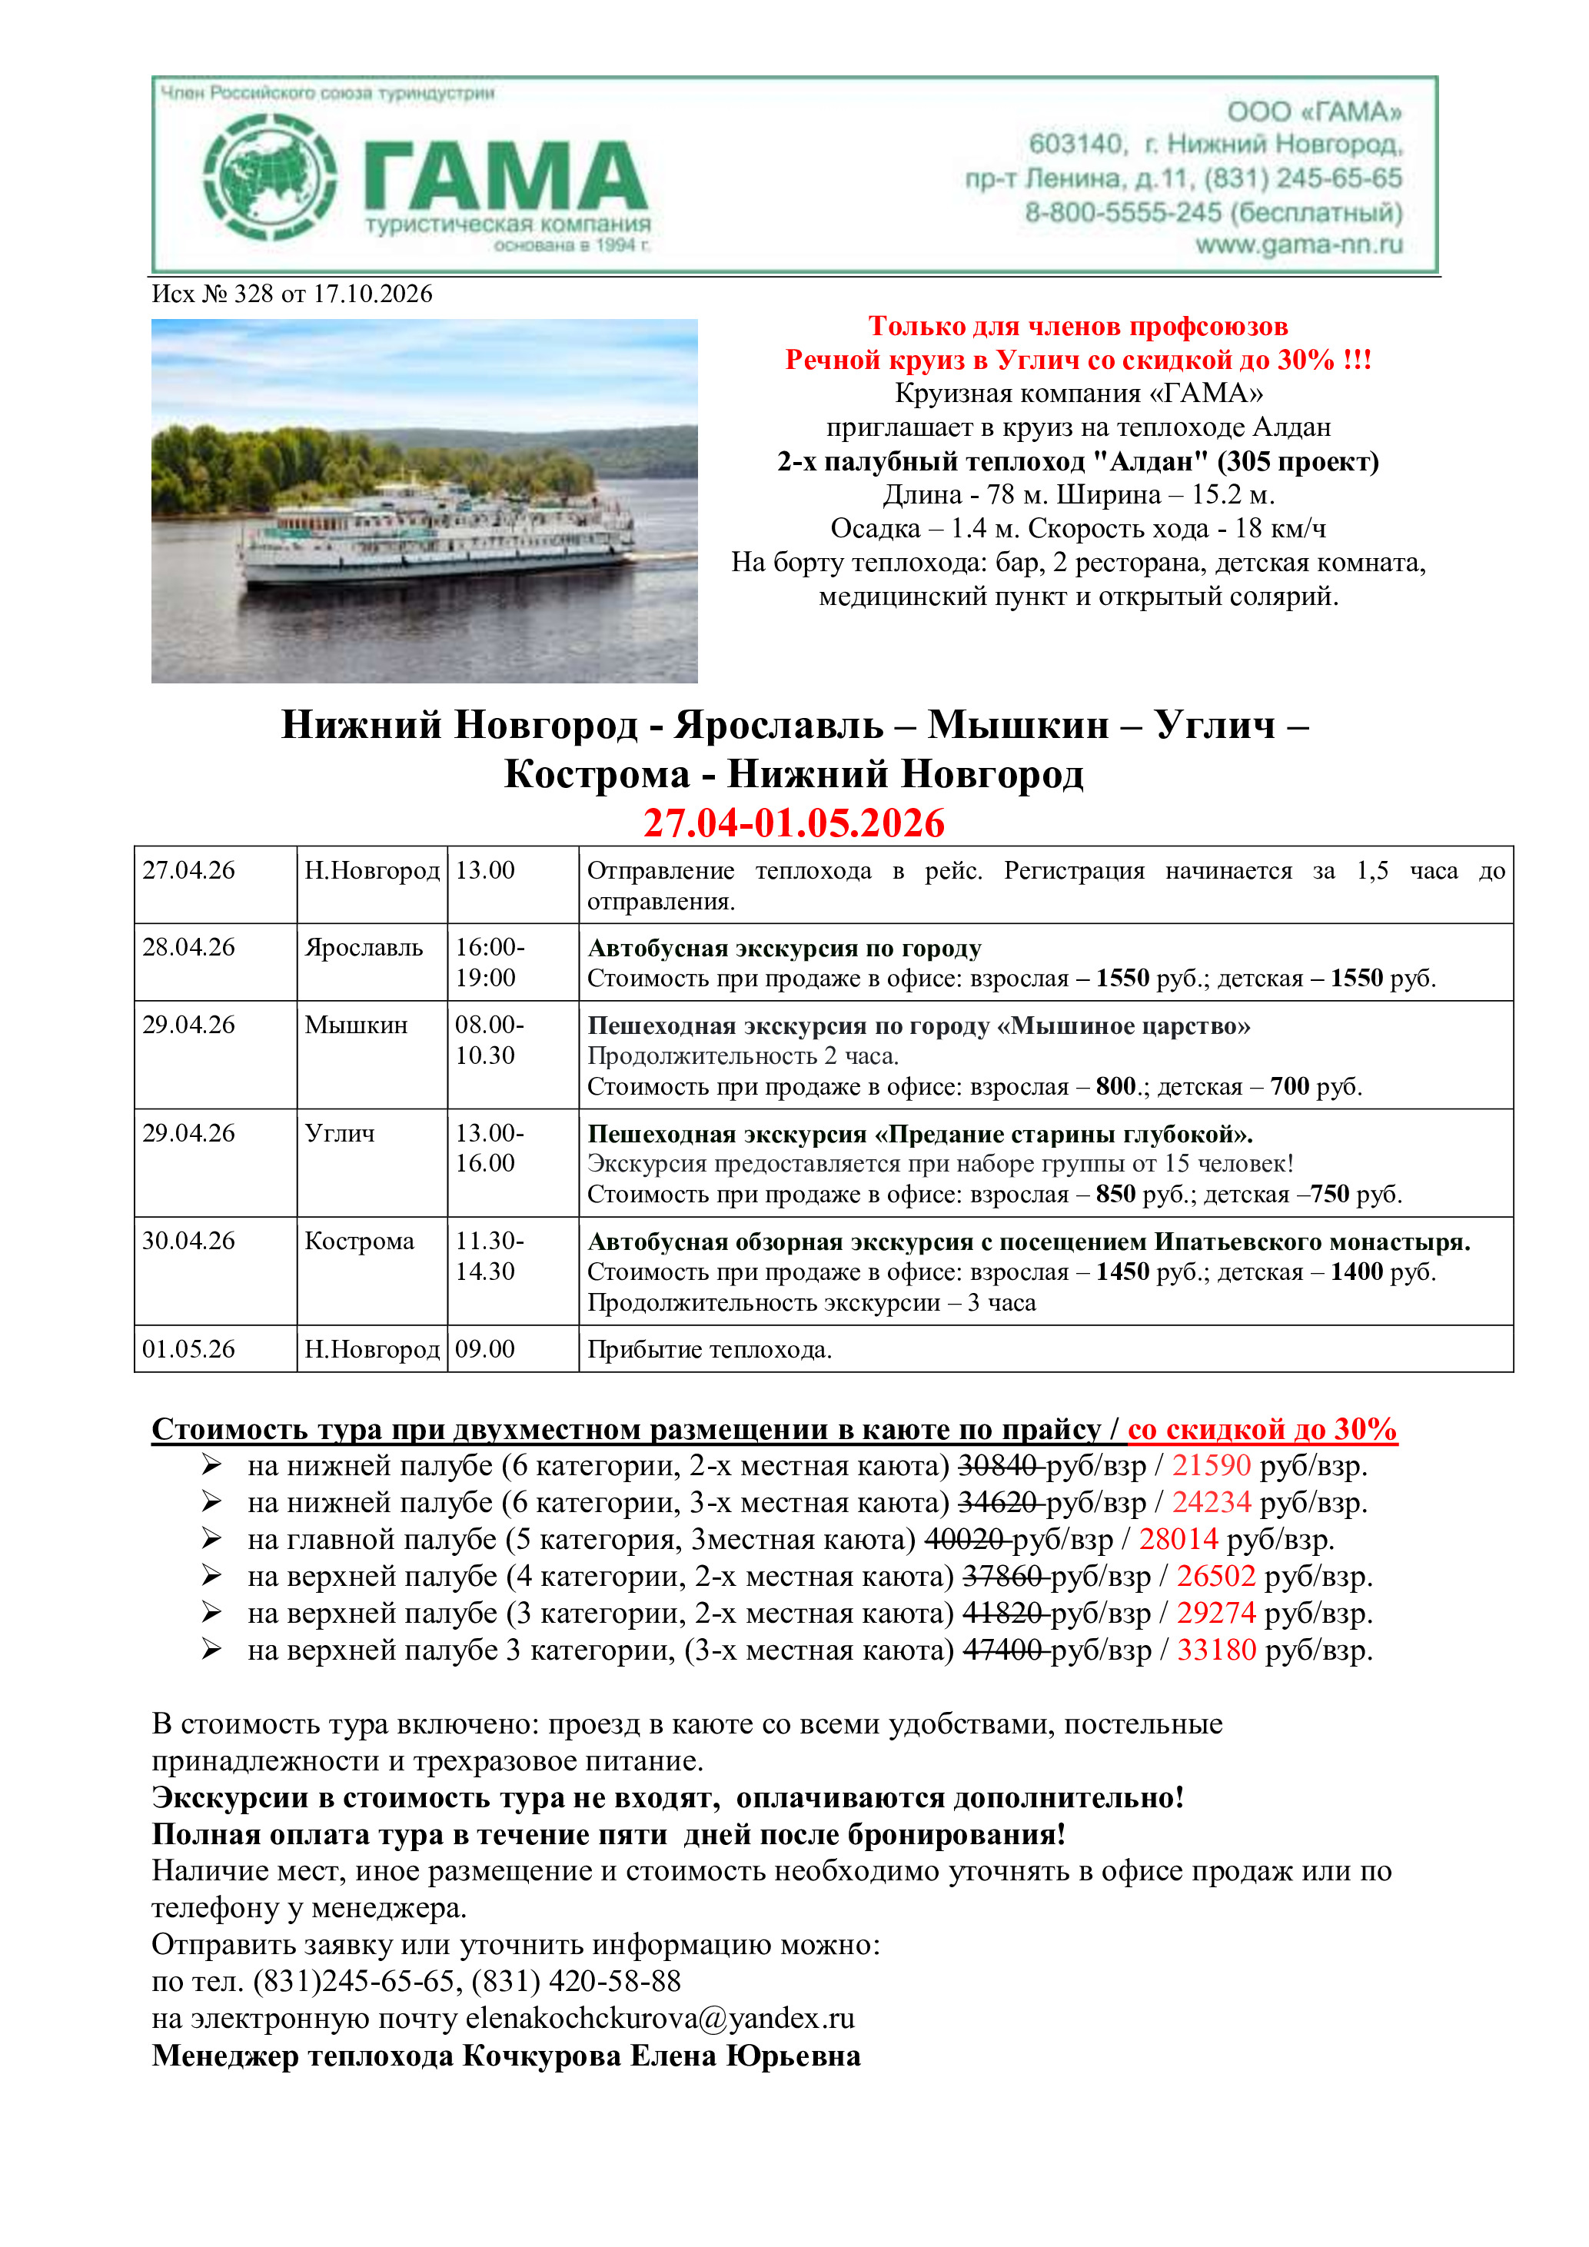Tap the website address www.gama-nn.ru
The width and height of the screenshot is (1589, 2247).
[1298, 244]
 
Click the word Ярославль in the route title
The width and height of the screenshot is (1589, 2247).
[779, 725]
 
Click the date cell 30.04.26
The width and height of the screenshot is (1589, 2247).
[189, 1241]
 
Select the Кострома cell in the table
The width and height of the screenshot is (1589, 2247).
[359, 1241]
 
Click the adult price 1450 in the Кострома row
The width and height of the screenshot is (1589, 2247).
[1122, 1272]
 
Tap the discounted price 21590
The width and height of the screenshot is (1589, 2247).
[1212, 1465]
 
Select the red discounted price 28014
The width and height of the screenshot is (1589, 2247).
[1178, 1540]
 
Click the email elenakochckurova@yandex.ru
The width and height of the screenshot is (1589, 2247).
[660, 2018]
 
